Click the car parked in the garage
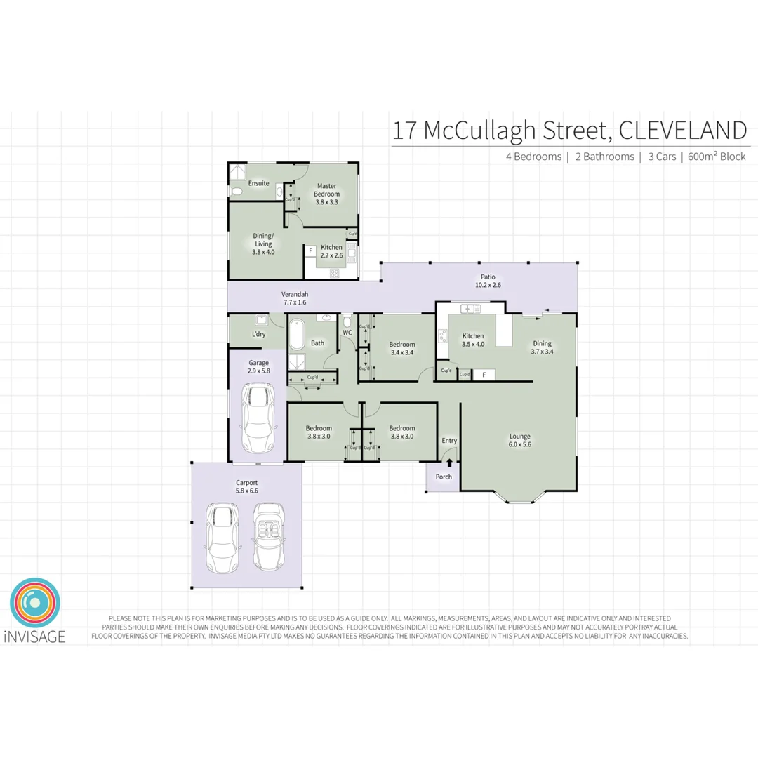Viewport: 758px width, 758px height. pos(257,418)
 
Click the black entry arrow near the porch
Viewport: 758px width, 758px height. pos(449,463)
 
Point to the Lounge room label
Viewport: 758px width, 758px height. pos(519,437)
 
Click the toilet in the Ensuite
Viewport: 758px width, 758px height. pos(236,191)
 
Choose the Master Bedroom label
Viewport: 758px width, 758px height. pos(326,189)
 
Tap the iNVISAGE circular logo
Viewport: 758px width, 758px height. pos(35,603)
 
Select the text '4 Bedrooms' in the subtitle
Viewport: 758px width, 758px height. pos(533,157)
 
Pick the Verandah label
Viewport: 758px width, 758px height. pos(295,294)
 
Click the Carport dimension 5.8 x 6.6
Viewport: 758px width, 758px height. pos(246,491)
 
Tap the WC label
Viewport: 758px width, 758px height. pos(347,333)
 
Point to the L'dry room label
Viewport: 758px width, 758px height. pos(258,334)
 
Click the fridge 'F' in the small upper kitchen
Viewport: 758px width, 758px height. pos(310,250)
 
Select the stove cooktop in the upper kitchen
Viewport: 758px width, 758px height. pos(335,272)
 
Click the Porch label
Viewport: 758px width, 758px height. pos(444,477)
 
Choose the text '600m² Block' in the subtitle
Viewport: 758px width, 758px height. pos(717,157)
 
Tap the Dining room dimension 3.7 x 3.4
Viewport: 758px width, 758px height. pos(542,352)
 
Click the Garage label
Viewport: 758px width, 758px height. pos(258,363)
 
